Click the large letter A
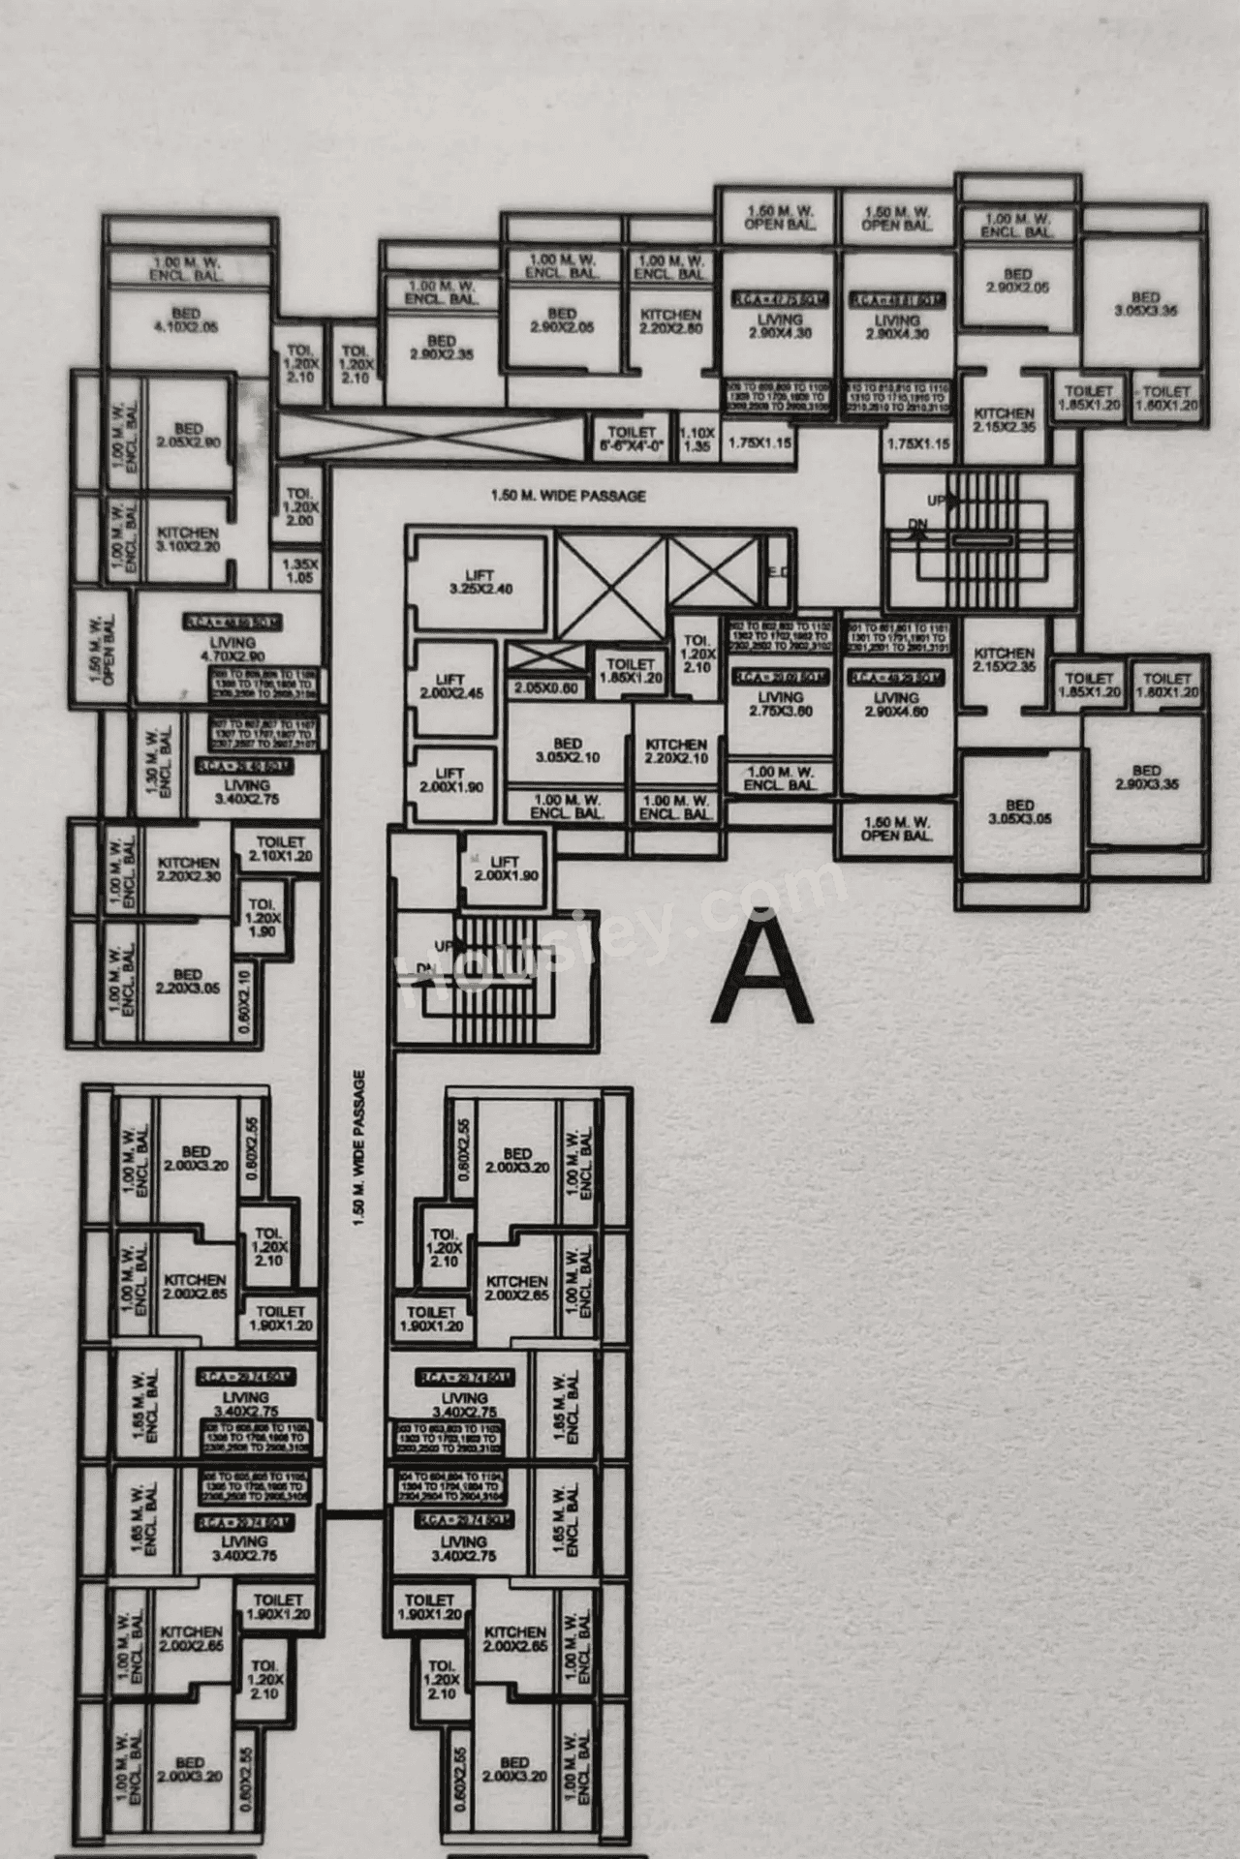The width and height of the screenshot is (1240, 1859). tap(761, 974)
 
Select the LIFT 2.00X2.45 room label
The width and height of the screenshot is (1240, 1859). tap(450, 686)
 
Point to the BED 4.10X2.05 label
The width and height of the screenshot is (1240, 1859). tap(186, 320)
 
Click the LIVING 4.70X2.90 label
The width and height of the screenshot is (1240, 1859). tap(232, 650)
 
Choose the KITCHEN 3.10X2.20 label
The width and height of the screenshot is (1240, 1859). tap(188, 539)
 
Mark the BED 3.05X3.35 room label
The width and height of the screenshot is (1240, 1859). tap(1145, 304)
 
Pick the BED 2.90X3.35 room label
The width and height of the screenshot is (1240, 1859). tap(1146, 777)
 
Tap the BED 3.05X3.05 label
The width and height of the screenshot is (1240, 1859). tap(1019, 811)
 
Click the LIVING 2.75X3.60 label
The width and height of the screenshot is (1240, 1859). tap(781, 704)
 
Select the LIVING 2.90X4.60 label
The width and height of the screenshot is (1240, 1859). tap(896, 704)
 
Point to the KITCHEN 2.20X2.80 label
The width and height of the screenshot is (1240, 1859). tap(670, 321)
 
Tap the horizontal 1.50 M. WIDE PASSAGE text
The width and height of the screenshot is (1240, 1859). tap(568, 496)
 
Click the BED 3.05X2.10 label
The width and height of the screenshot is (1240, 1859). tap(568, 750)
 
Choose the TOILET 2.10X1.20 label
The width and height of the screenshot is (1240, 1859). tap(280, 849)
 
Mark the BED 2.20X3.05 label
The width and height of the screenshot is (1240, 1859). tap(188, 981)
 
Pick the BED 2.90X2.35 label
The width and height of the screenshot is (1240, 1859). tap(441, 348)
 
